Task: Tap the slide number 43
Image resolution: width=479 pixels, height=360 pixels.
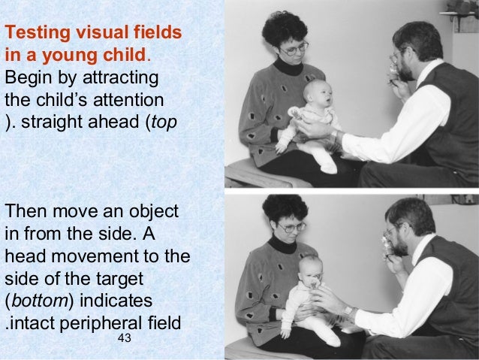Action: (125, 340)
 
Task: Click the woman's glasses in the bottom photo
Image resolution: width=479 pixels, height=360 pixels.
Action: (292, 225)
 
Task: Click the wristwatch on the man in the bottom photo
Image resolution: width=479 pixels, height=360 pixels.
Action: (348, 309)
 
